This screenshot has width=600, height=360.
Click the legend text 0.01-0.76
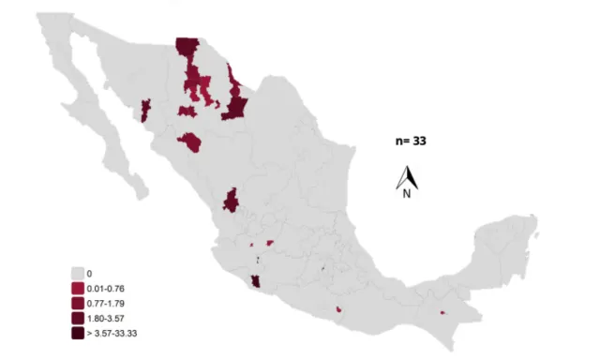[106, 288]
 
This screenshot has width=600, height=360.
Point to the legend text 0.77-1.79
[106, 303]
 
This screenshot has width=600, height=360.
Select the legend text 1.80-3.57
[106, 318]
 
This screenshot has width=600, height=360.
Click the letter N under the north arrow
[407, 195]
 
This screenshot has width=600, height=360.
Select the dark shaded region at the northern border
[187, 49]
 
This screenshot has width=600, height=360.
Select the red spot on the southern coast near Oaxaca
[338, 308]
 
